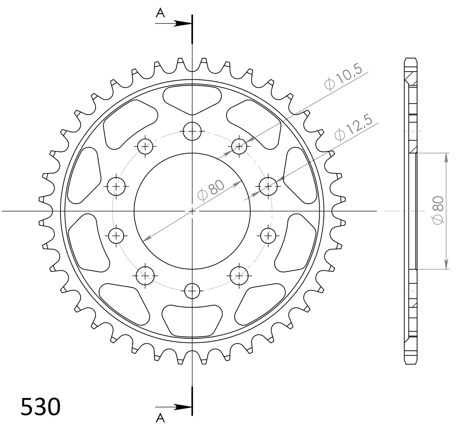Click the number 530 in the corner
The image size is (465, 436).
coord(40,407)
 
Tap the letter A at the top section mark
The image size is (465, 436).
coord(160,13)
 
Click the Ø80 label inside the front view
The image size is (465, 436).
coord(211,190)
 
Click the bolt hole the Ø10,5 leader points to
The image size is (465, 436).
coord(240,146)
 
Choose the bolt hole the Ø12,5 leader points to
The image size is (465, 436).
coord(268,187)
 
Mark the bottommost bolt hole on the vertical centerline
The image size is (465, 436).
coord(192,291)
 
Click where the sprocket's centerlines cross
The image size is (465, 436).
coord(192,211)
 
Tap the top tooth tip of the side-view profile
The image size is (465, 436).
coord(411,59)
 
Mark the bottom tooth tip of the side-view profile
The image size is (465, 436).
coord(411,363)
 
